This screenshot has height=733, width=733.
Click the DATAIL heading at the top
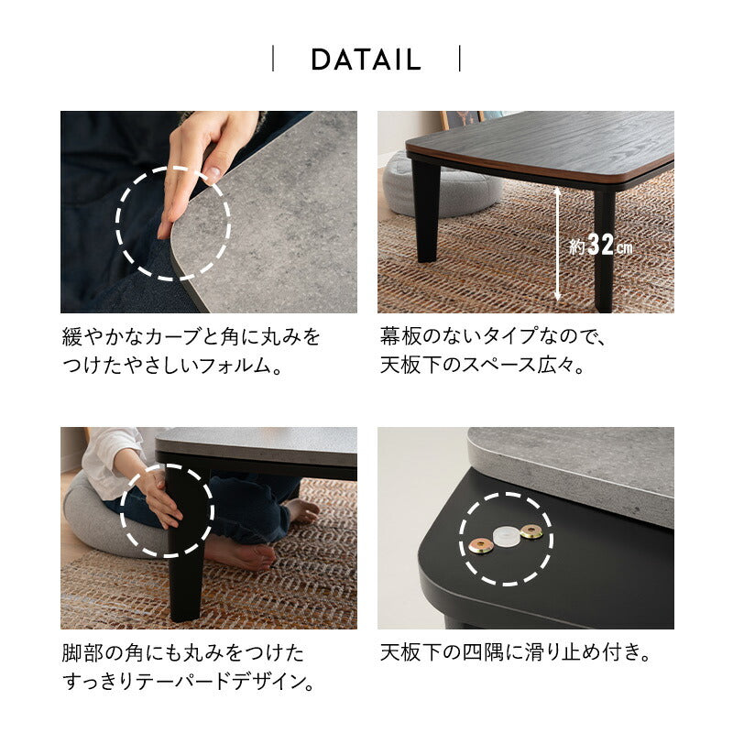click(366, 60)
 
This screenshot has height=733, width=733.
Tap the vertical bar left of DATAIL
click(273, 59)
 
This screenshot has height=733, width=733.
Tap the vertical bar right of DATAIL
click(460, 59)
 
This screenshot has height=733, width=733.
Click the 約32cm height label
click(601, 245)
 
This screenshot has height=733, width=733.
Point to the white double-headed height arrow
click(557, 244)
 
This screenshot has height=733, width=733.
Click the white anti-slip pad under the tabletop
click(506, 536)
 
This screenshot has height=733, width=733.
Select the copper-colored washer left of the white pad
click(480, 546)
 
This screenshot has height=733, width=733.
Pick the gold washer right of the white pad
click(531, 531)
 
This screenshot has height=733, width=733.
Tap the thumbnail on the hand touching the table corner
click(213, 175)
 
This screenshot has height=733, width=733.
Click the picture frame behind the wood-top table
click(462, 120)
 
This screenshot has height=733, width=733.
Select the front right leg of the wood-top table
click(604, 250)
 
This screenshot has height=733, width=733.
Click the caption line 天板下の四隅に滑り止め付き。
click(515, 652)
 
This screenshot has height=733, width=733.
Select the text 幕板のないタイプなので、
click(493, 336)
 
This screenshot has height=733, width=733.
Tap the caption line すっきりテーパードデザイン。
click(188, 682)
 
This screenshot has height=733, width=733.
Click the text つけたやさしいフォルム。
click(172, 366)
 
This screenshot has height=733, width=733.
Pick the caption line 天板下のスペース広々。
click(483, 366)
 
